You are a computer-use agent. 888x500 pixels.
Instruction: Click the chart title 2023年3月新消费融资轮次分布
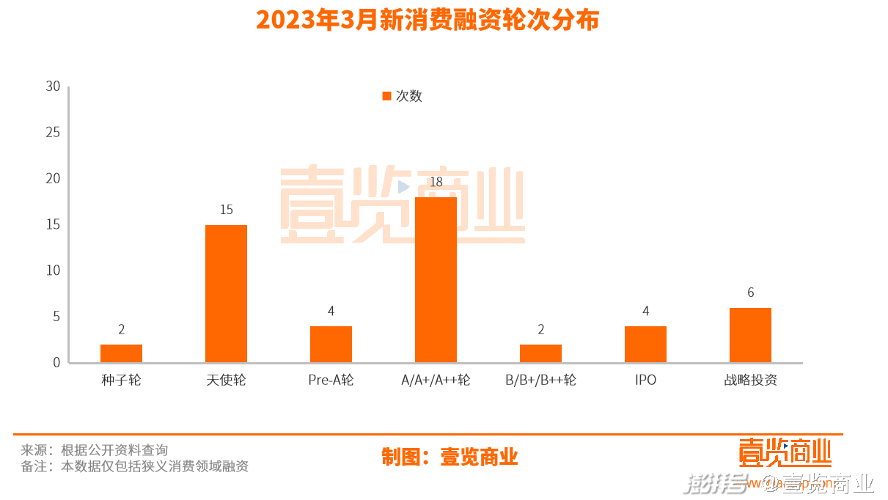pos(428,20)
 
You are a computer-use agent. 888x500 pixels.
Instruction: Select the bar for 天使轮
pos(226,293)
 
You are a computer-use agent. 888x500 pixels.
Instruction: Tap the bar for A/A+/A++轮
pos(436,279)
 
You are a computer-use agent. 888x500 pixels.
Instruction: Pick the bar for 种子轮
pos(121,353)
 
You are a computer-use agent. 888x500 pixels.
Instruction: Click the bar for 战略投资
pos(750,335)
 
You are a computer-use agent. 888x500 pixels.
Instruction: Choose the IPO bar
pos(645,344)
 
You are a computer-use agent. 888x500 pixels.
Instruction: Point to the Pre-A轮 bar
pos(331,344)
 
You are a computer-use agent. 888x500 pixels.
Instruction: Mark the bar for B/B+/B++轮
pos(540,353)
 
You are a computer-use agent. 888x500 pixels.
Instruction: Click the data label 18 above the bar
pos(436,182)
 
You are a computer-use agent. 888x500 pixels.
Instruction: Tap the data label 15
pos(226,210)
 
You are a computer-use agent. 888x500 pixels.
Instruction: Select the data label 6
pos(750,293)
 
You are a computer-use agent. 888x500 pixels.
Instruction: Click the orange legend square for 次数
pos(386,96)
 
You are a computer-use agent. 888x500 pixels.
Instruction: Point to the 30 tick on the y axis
pos(53,87)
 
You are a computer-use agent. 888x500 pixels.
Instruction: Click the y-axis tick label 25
pos(53,133)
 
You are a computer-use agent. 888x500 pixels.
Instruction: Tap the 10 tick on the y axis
pos(53,271)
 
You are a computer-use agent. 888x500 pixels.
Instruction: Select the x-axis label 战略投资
pos(750,380)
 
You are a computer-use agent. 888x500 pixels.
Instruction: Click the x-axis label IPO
pos(645,380)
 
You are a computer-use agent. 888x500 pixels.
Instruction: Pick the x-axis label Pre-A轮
pos(331,380)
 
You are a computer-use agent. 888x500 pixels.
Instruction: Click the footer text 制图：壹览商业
pos(449,457)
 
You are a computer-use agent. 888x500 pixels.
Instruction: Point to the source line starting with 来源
pos(94,450)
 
